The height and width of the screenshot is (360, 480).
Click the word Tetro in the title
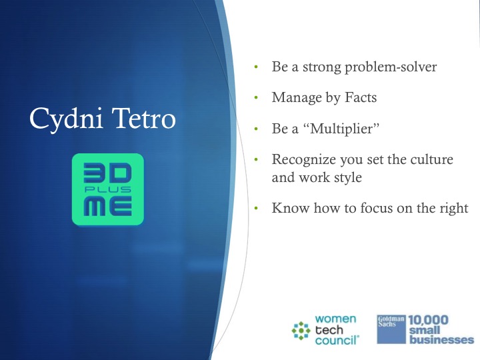pos(143,118)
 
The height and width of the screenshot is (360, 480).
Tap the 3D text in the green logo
pos(107,172)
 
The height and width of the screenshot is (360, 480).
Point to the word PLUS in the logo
pos(108,189)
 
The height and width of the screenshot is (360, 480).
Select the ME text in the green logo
pos(108,206)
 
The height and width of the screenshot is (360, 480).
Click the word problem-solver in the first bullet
pos(391,67)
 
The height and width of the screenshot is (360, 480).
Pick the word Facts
pos(361,97)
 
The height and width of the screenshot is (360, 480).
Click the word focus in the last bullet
pos(377,208)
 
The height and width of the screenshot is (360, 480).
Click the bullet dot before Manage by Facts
pos(256,97)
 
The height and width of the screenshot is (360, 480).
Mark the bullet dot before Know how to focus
pos(256,209)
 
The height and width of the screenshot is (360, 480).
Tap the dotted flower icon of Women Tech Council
pos(301,331)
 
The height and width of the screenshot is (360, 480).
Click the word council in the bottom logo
pos(336,341)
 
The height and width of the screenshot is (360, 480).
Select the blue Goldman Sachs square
pos(391,329)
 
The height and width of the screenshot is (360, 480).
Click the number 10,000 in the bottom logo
pos(428,320)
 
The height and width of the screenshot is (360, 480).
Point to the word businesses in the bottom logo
pos(442,340)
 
